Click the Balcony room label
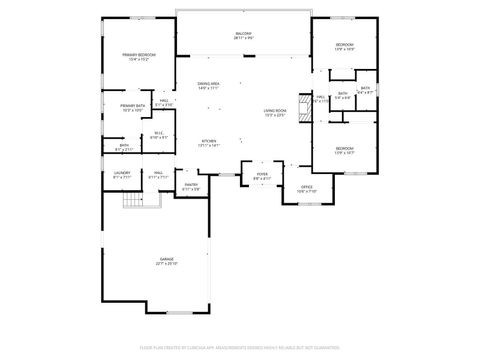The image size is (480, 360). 243,33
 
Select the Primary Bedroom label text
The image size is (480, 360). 139,55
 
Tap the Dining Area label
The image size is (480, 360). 209,84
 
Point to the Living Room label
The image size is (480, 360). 275,111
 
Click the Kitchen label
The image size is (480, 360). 209,141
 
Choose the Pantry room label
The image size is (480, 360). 191,184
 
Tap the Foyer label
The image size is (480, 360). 262,174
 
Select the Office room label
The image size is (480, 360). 308,186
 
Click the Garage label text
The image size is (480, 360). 165,259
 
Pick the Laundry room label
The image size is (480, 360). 122,173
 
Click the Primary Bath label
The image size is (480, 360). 133,105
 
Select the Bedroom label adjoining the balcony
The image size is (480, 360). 344,45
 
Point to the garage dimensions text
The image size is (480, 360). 165,264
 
